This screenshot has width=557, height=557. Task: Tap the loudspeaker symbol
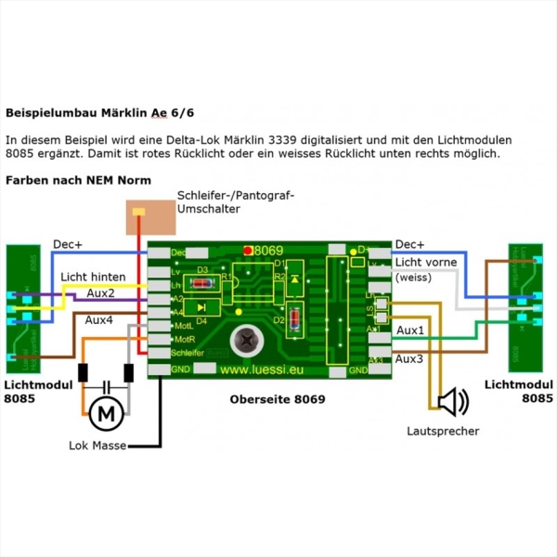pyautogui.click(x=453, y=402)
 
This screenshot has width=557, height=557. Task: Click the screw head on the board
pyautogui.click(x=248, y=340)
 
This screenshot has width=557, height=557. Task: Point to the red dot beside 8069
pyautogui.click(x=248, y=250)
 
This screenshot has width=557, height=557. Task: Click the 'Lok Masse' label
pyautogui.click(x=97, y=446)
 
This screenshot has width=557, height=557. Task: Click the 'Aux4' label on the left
pyautogui.click(x=100, y=319)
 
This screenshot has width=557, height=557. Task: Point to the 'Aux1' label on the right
pyautogui.click(x=410, y=330)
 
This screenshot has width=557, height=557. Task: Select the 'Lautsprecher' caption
pyautogui.click(x=443, y=432)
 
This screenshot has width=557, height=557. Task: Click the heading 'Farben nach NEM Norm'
pyautogui.click(x=78, y=179)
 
